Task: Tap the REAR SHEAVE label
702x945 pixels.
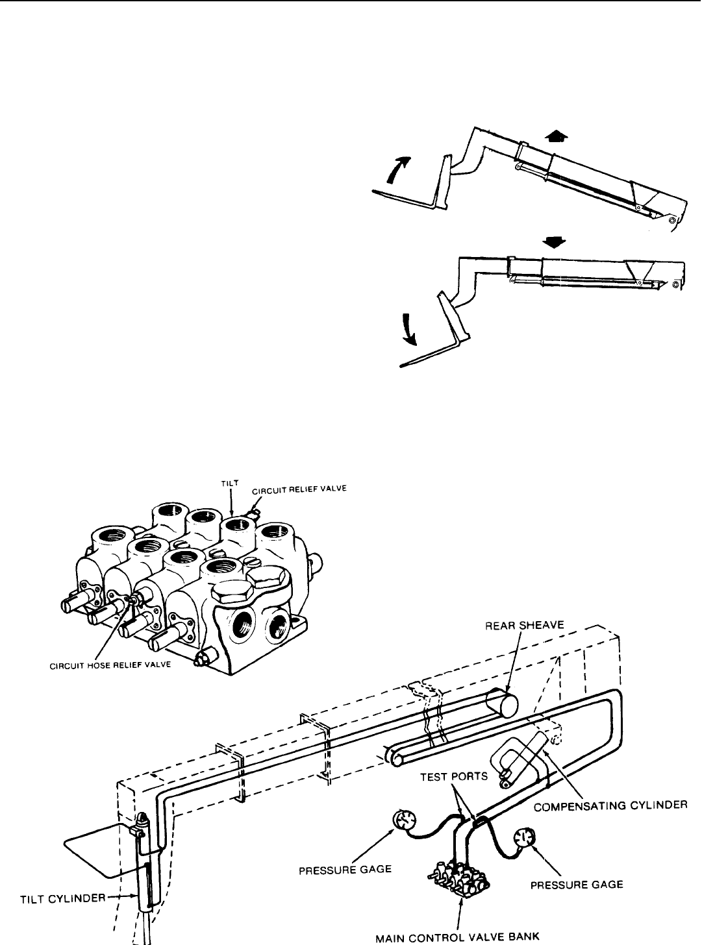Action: point(524,626)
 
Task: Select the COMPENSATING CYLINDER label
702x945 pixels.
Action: point(610,805)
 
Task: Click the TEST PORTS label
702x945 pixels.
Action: point(453,776)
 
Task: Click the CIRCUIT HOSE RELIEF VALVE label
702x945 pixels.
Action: point(110,665)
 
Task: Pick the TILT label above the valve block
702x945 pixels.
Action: point(229,483)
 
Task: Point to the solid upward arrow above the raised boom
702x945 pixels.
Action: point(557,138)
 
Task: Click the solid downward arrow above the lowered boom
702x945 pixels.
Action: point(554,243)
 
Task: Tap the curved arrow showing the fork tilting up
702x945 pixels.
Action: point(397,168)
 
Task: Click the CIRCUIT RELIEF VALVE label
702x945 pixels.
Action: point(299,490)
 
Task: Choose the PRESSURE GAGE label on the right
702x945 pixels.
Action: point(577,885)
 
